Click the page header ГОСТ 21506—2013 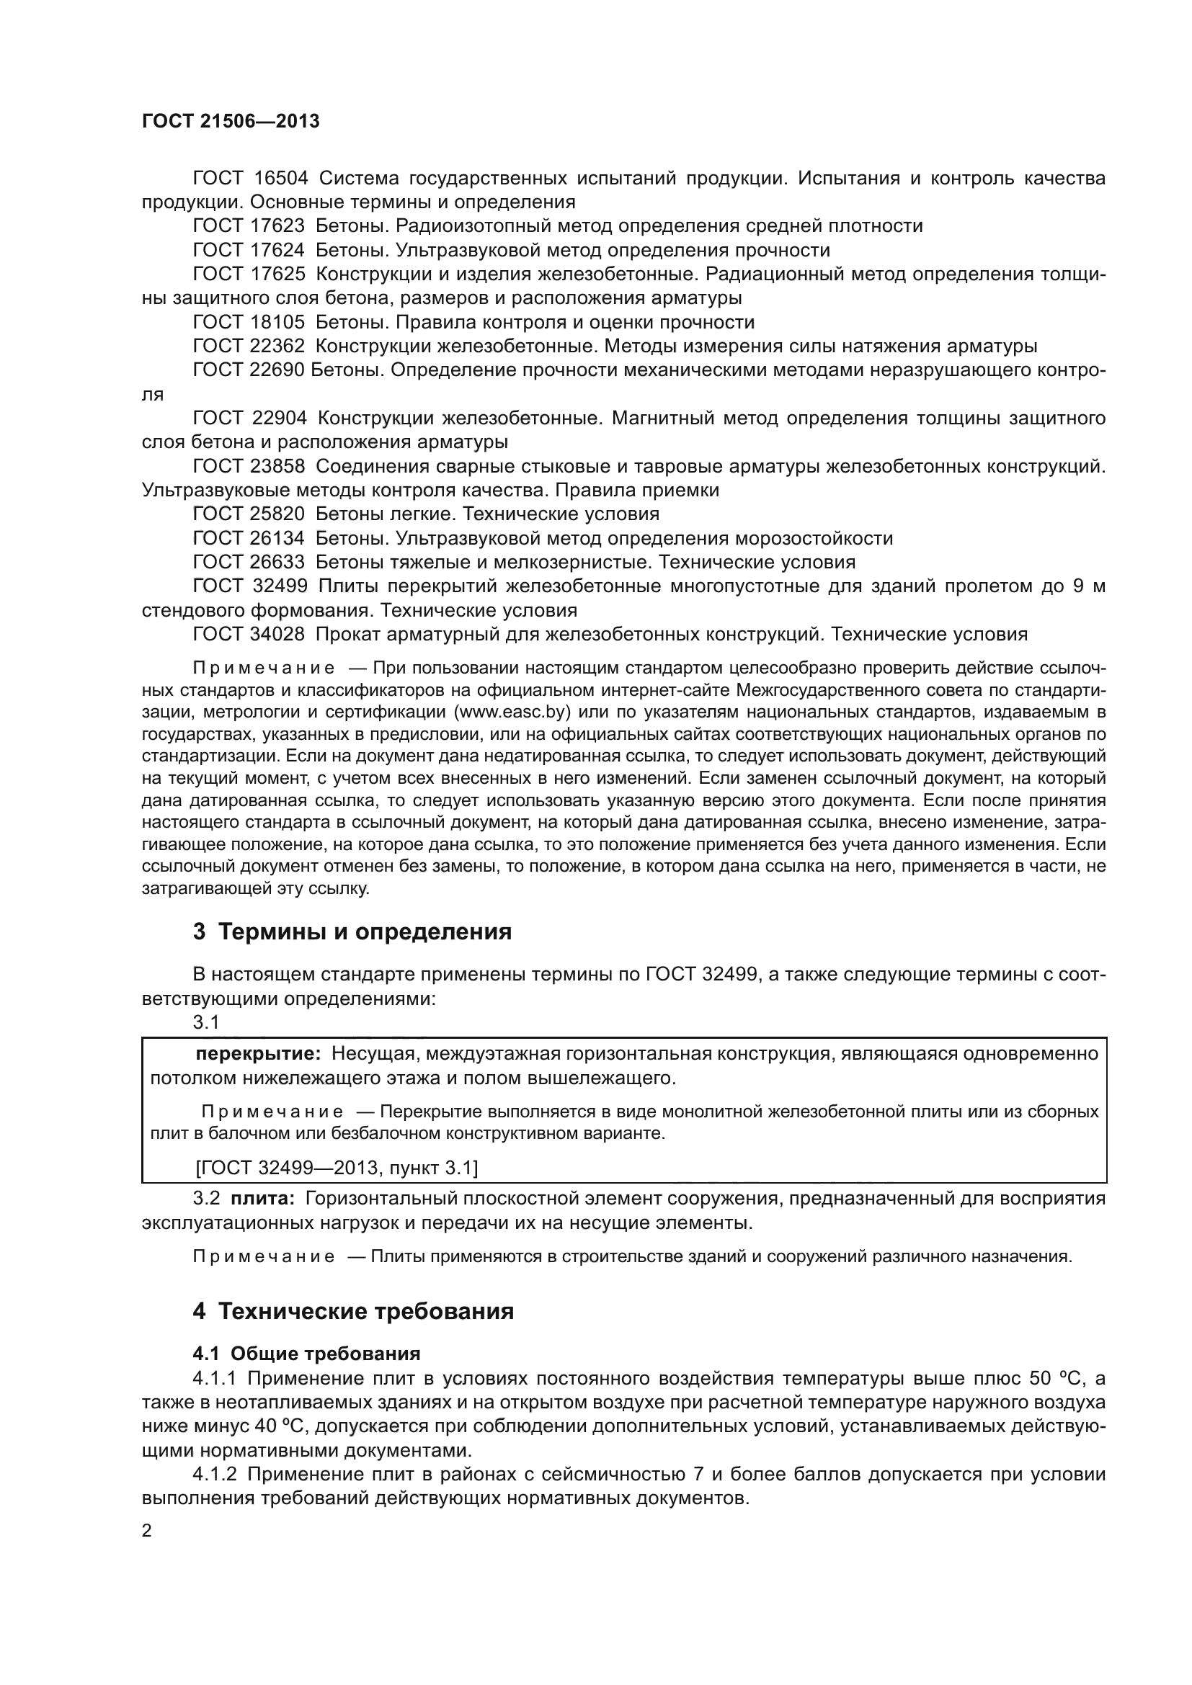[231, 122]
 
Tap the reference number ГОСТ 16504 [249, 179]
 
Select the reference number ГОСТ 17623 [249, 226]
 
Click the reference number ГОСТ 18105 [249, 322]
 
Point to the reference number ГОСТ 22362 [249, 347]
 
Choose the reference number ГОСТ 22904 [249, 419]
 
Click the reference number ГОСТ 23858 [249, 466]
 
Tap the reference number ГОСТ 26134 [249, 538]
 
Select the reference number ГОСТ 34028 [249, 634]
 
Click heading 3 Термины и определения [352, 932]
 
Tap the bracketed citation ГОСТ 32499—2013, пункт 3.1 [337, 1168]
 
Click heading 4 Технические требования [353, 1310]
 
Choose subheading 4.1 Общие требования [306, 1354]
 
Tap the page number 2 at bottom [147, 1531]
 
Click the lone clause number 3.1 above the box [205, 1022]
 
